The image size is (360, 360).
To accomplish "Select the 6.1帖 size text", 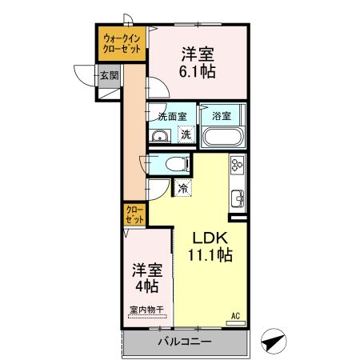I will [196, 70].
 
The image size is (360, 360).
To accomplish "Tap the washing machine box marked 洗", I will [185, 134].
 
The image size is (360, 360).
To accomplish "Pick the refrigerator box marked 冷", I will [183, 190].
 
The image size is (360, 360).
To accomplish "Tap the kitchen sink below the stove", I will [238, 198].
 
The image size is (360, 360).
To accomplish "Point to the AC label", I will [236, 315].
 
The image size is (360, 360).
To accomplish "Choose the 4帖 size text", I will [145, 286].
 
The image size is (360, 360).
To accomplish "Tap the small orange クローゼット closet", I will [134, 214].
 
